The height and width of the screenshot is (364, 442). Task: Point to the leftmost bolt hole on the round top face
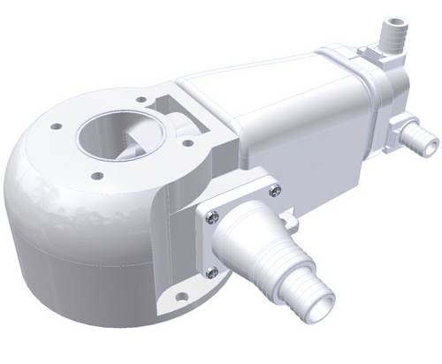tap(58, 127)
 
